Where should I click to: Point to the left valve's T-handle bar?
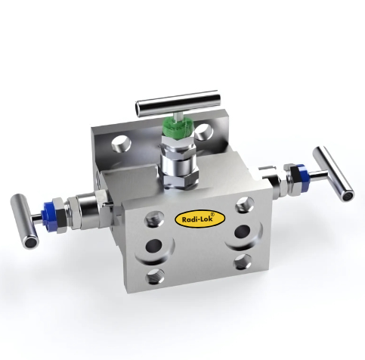pos(23,219)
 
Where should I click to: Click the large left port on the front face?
pos(154,245)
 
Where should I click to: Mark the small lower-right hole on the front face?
pos(242,262)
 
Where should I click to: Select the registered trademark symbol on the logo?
pos(213,215)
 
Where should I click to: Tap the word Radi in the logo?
pos(188,221)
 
